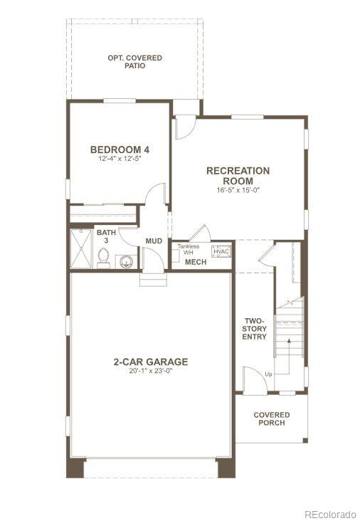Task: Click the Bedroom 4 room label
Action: tap(120, 149)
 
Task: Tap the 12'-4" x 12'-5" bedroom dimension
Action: tap(120, 159)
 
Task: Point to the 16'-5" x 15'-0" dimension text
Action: tap(238, 190)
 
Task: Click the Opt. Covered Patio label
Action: tap(134, 62)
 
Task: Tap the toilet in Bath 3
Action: tap(104, 260)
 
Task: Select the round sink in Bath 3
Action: tap(127, 261)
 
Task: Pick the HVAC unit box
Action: tap(221, 251)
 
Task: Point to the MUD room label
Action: tap(154, 241)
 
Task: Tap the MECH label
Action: tap(195, 263)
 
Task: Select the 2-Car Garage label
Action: tap(151, 362)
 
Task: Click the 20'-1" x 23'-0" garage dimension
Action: tap(151, 371)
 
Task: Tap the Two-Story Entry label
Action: tap(255, 329)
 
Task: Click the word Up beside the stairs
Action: tap(268, 374)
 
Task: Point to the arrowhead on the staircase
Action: tap(289, 342)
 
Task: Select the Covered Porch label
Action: tap(272, 419)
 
